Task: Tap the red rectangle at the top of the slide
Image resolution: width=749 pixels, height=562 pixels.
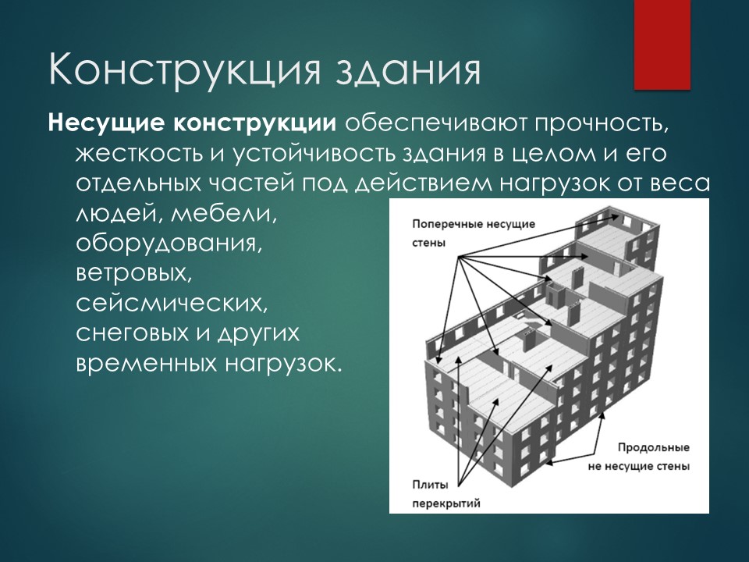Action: [662, 44]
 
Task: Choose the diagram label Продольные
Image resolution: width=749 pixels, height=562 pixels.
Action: [653, 448]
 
